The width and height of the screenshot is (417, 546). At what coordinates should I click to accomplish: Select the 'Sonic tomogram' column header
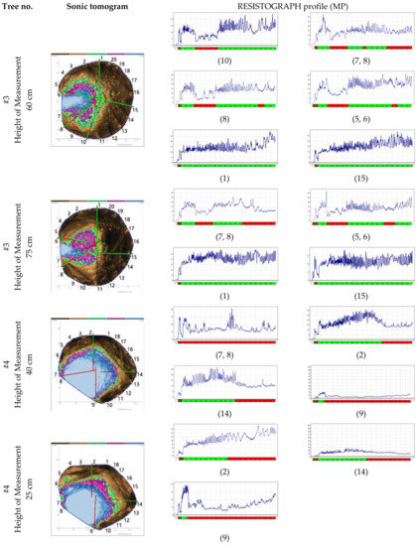click(x=95, y=7)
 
